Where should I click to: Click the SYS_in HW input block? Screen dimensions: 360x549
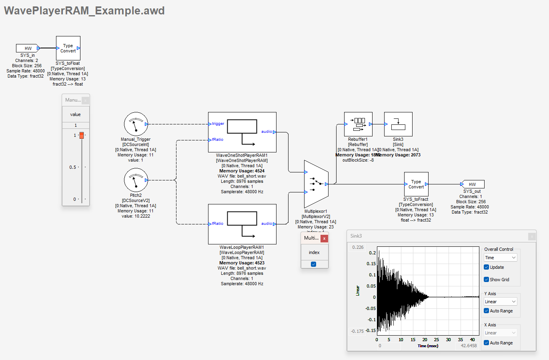(x=28, y=48)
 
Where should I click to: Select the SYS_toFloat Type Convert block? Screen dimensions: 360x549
(x=68, y=48)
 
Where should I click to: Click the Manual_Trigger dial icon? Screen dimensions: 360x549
(x=136, y=124)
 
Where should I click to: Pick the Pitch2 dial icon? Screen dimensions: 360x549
(x=136, y=180)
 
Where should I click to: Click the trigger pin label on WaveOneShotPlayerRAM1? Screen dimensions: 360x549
(x=218, y=124)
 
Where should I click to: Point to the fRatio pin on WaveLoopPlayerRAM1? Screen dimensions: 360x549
(x=218, y=224)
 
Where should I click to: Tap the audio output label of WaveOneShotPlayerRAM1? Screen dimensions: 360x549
(x=266, y=132)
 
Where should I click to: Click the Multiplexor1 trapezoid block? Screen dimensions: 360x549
(x=316, y=184)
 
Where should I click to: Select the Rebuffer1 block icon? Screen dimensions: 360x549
(x=358, y=124)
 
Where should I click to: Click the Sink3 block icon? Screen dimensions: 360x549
(x=398, y=124)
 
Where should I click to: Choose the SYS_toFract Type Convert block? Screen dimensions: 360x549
(x=416, y=184)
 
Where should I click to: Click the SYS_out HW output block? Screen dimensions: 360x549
(x=473, y=184)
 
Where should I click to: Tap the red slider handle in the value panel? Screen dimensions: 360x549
(x=82, y=136)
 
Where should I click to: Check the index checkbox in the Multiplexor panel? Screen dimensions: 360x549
(x=313, y=264)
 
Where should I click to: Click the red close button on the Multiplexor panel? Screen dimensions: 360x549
(x=324, y=238)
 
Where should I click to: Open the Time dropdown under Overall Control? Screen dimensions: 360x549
(x=500, y=258)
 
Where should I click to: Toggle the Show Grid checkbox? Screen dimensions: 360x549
(x=487, y=280)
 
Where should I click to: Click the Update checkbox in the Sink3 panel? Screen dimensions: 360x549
(x=487, y=267)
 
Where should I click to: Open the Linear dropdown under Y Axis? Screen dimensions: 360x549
(x=500, y=302)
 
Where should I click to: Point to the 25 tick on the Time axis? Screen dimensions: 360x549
(x=437, y=340)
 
